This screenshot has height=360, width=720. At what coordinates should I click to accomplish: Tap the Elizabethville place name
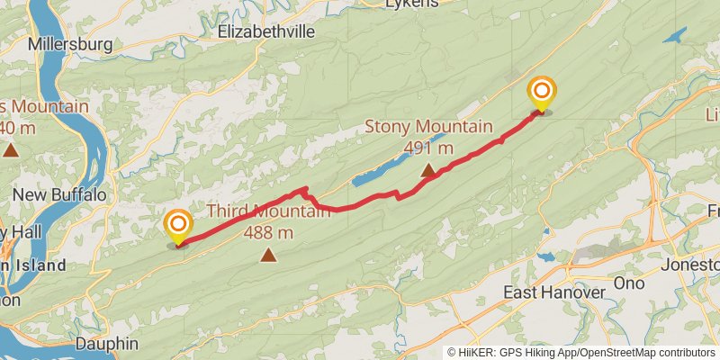tap(266, 31)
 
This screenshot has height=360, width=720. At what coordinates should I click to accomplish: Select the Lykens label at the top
tap(411, 4)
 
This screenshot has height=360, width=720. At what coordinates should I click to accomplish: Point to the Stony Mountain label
tap(428, 126)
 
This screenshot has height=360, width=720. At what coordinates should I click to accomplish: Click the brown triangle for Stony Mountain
tap(428, 168)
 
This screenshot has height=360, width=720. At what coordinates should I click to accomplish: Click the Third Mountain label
tap(269, 211)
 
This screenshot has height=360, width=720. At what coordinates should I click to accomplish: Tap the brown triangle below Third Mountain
tap(268, 256)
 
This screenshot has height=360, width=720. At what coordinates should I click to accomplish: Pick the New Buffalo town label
tap(59, 194)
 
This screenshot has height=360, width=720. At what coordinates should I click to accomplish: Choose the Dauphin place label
tap(106, 343)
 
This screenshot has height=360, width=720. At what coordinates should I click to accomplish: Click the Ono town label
tap(629, 283)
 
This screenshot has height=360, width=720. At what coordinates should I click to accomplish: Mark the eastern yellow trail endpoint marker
tap(542, 94)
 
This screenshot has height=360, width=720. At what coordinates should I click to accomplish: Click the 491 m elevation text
tap(428, 148)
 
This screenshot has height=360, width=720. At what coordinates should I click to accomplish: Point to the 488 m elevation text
tap(269, 233)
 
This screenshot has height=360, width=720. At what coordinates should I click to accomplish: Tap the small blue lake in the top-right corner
tap(675, 35)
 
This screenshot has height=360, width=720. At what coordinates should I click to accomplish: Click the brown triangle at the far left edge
tap(11, 149)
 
